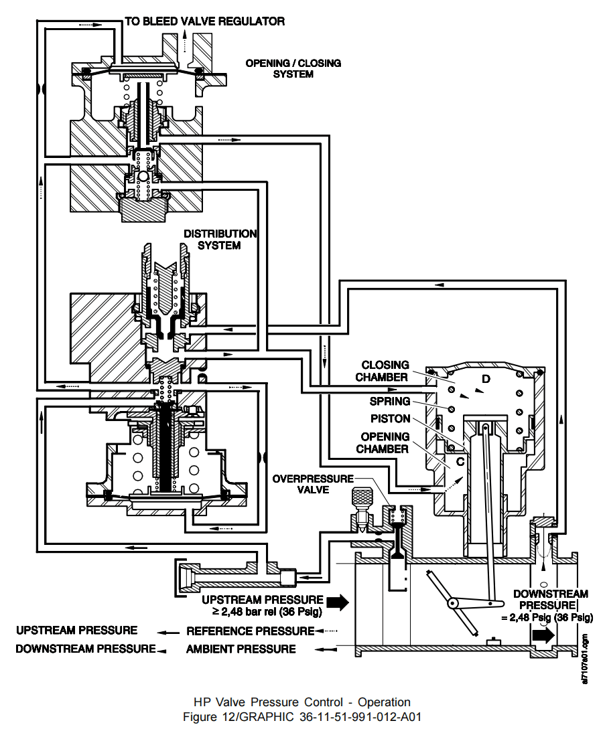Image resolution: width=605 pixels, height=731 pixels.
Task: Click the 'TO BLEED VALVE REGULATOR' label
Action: (x=204, y=21)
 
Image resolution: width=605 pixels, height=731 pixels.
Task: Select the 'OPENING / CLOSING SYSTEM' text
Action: (x=293, y=68)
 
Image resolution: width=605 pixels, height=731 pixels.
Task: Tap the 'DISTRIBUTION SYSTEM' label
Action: (x=220, y=240)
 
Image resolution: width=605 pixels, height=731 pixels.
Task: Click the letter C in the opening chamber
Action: (x=460, y=461)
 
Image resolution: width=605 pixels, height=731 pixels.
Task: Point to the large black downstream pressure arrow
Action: (x=543, y=635)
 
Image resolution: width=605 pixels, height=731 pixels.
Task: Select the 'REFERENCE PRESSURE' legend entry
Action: (x=250, y=631)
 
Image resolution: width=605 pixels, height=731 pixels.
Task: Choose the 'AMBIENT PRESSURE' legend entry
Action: (x=241, y=649)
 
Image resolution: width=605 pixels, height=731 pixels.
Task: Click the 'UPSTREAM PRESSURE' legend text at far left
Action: (x=77, y=630)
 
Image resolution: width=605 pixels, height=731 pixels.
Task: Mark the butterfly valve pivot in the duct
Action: (x=454, y=602)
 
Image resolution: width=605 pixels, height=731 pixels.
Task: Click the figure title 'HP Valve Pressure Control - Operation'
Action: (x=301, y=702)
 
